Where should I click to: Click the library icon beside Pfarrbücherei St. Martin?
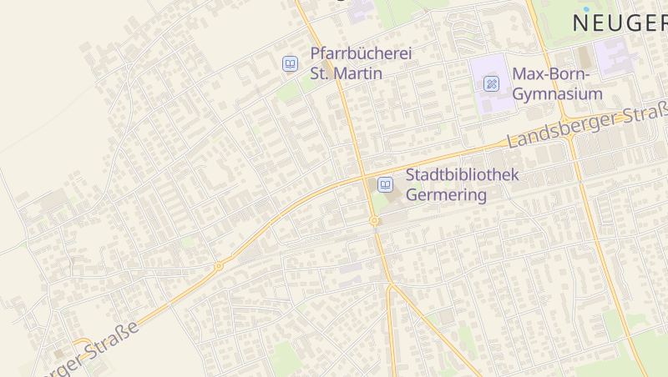290,63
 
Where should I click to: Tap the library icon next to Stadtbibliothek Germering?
385,184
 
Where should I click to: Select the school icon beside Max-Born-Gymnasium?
492,83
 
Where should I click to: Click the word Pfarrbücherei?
362,54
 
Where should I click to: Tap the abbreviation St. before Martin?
321,73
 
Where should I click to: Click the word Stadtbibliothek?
462,175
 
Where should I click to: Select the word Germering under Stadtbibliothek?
446,195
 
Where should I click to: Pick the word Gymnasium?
557,93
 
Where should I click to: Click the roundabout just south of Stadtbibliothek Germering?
374,221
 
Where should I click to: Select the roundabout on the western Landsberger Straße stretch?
219,266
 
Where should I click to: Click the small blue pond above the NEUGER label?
587,8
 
